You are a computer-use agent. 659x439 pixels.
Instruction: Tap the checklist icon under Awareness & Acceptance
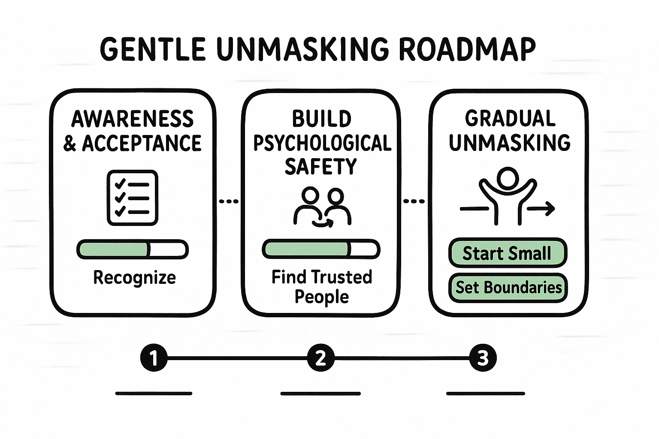point(132,198)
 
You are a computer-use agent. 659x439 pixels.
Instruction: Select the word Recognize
point(134,278)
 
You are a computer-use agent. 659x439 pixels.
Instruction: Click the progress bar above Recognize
point(132,250)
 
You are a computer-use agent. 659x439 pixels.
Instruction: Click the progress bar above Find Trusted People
point(321,250)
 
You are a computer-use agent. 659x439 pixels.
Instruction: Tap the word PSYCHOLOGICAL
point(322,143)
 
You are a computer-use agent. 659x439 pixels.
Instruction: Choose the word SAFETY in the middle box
point(321,166)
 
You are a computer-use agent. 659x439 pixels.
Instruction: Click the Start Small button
point(507,253)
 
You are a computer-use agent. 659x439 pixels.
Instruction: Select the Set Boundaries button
point(508,287)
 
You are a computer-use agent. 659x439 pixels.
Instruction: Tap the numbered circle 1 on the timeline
point(154,358)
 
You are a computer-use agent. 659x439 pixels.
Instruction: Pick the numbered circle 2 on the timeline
point(320,358)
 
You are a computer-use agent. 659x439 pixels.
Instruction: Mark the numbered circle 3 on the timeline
point(483,358)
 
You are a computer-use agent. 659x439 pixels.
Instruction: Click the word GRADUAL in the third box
point(510,119)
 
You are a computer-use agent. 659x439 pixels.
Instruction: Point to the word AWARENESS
point(132,119)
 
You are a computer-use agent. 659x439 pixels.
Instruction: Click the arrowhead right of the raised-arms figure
point(550,209)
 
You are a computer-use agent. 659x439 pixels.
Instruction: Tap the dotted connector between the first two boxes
point(229,201)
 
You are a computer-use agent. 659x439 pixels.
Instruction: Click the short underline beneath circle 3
point(485,393)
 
